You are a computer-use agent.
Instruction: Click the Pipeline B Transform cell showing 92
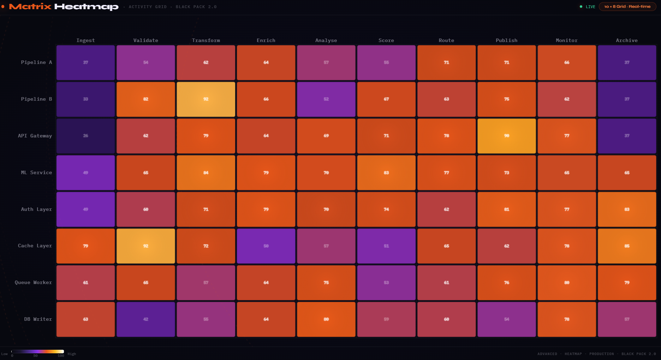(x=206, y=99)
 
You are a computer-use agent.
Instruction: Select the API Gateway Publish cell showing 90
(x=507, y=136)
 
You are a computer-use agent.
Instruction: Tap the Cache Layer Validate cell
(x=146, y=246)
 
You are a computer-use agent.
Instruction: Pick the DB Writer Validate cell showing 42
(x=146, y=319)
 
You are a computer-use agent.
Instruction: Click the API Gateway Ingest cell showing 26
(x=85, y=136)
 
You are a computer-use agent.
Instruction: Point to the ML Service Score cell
(x=386, y=173)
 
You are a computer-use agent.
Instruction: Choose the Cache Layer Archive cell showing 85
(x=627, y=246)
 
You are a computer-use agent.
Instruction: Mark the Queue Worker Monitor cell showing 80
(x=567, y=283)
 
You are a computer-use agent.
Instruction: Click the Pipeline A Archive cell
(x=627, y=63)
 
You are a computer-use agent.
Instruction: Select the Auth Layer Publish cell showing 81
(x=507, y=209)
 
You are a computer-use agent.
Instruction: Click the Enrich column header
(x=266, y=40)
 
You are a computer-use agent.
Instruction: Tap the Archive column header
(x=627, y=40)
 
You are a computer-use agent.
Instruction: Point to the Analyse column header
(x=326, y=40)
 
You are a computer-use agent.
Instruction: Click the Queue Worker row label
(x=33, y=283)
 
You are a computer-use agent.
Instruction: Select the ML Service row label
(x=36, y=173)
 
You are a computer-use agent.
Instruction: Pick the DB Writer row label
(x=38, y=319)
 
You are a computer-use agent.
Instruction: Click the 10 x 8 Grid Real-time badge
(x=627, y=7)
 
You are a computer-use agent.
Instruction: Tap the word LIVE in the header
(x=590, y=7)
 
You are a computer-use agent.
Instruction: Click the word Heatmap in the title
(x=86, y=7)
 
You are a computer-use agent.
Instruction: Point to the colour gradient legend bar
(x=37, y=352)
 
